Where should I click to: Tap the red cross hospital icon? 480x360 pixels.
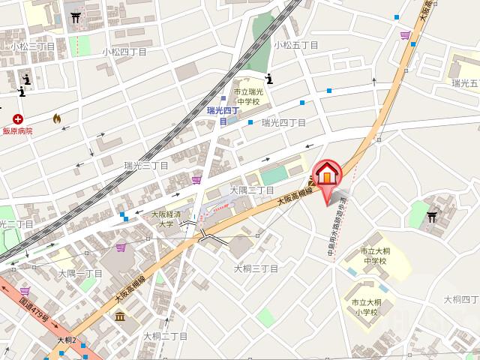coord(17,118)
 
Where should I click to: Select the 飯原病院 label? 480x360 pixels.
coord(17,131)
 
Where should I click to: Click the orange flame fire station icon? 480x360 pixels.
coord(56,118)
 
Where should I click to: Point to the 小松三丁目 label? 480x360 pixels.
coord(32,46)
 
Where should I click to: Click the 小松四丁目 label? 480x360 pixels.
coord(124,52)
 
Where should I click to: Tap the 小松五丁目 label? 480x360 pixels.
coord(295,45)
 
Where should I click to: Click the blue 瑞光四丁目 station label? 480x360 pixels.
coord(223,115)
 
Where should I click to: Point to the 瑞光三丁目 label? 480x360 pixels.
coord(146,165)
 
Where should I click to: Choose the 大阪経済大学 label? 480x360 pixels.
coord(163,218)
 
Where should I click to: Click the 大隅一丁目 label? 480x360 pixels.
coord(80,274)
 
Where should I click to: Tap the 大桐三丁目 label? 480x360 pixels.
coord(256,268)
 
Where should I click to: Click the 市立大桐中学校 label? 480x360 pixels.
coord(373,256)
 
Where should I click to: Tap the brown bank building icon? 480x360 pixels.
coord(120,315)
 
